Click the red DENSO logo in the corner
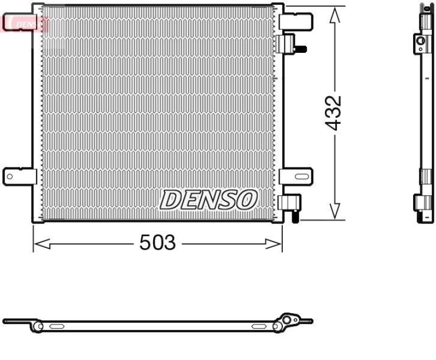(26, 23)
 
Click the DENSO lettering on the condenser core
(208, 200)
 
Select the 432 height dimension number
(333, 113)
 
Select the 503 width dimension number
(158, 243)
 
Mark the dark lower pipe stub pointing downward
(294, 217)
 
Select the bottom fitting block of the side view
(423, 209)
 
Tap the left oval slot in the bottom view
(57, 326)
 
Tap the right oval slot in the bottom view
(259, 326)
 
